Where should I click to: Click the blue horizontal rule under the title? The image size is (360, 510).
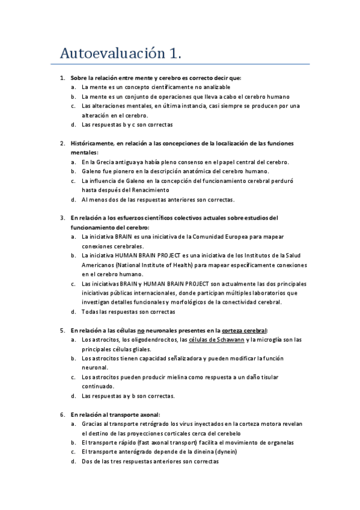click(180, 64)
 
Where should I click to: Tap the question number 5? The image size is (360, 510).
click(63, 330)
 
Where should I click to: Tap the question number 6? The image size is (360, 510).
click(63, 414)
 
